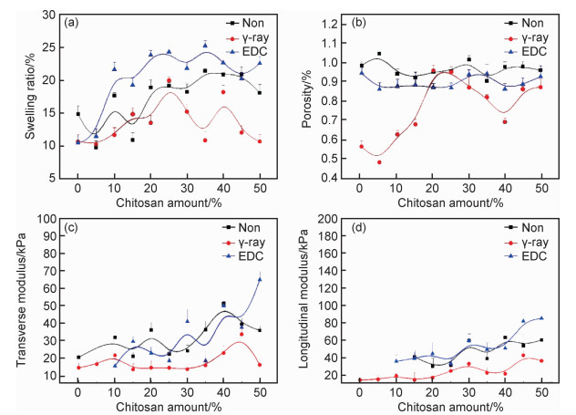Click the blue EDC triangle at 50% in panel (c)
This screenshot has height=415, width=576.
point(259,279)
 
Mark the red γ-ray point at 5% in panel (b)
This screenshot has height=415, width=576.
point(379,162)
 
